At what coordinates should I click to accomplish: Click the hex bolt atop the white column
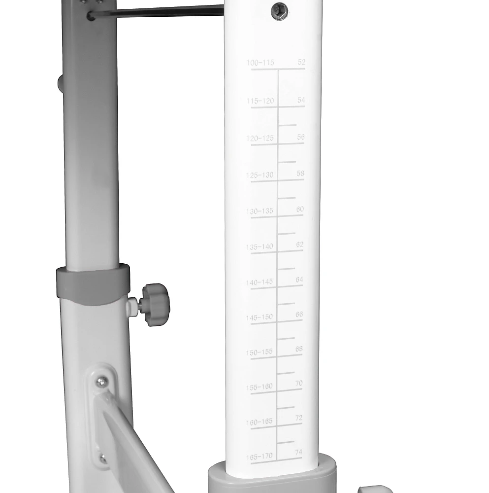tap(280, 12)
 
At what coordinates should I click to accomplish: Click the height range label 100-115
tap(260, 63)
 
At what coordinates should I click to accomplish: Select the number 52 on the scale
tap(301, 62)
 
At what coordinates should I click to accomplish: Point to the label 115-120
tap(260, 101)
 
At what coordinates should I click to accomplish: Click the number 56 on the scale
tap(301, 137)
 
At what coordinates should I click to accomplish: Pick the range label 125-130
tap(260, 175)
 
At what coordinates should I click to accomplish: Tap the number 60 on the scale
tap(300, 209)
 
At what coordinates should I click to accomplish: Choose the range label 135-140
tap(260, 247)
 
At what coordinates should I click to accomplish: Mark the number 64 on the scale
tap(299, 280)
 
